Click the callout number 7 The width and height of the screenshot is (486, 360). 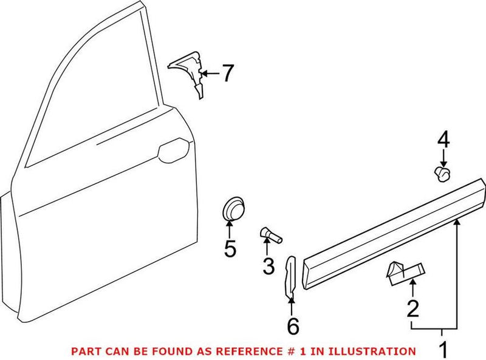coord(226,73)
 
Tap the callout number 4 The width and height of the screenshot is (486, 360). coord(443,141)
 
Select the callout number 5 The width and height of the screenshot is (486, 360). coord(229,249)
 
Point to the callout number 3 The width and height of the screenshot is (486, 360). coord(268,265)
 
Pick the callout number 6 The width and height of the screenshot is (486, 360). coord(292,326)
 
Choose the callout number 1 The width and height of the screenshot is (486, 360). coord(443,350)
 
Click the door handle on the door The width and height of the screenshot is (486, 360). coord(173,148)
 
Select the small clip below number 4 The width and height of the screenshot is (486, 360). coord(443,175)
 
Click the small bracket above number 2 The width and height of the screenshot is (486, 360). coord(403,270)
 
